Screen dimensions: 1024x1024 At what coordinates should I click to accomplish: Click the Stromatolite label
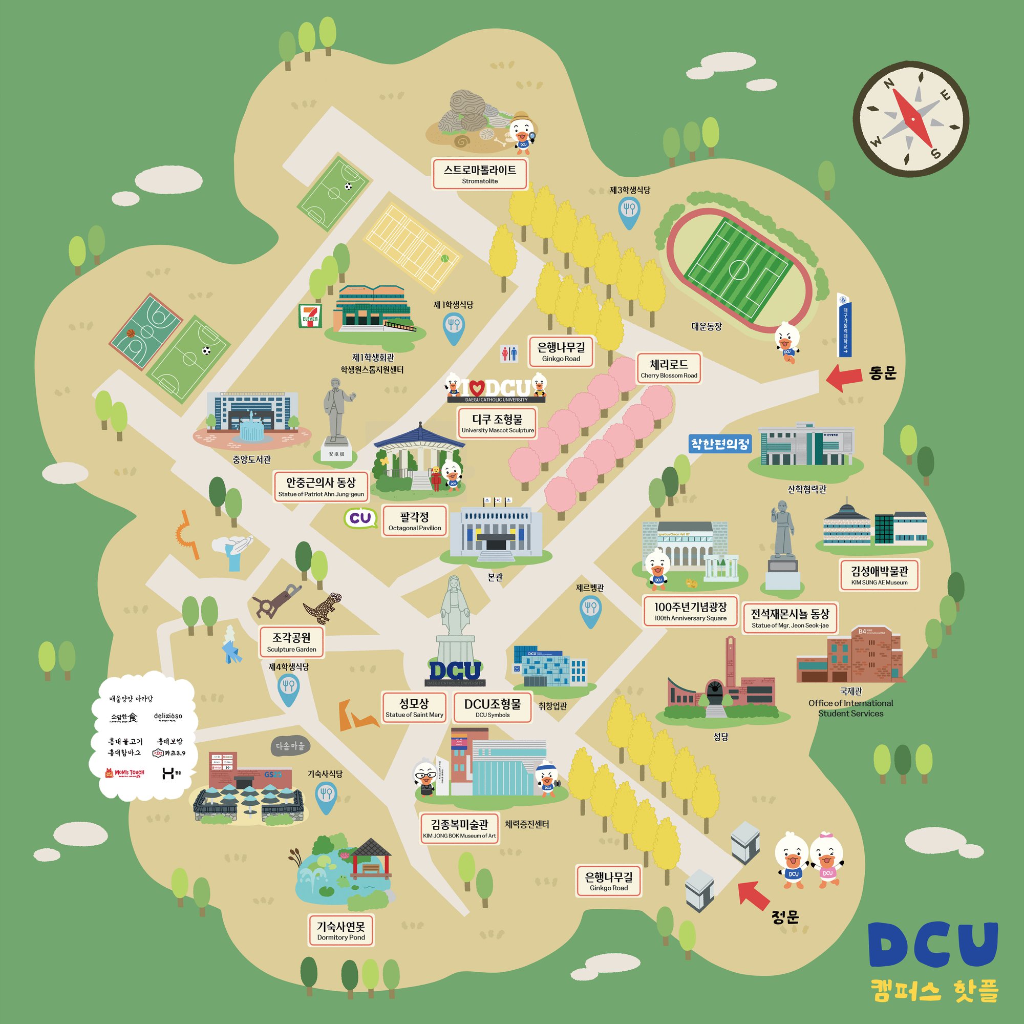click(x=480, y=174)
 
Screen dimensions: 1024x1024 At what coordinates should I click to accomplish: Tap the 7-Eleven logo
click(x=310, y=316)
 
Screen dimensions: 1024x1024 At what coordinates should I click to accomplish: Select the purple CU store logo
click(x=360, y=518)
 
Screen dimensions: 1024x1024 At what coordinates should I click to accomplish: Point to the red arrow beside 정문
click(x=754, y=895)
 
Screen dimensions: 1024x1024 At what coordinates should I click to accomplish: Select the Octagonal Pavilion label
click(x=415, y=521)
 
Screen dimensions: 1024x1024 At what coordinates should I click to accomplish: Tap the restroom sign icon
click(x=509, y=353)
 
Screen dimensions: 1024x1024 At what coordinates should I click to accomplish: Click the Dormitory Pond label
click(x=341, y=930)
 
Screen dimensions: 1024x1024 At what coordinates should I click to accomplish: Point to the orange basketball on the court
click(x=131, y=333)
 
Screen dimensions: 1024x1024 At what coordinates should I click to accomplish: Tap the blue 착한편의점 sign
click(x=720, y=443)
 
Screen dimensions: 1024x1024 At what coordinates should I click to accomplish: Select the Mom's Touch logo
click(x=125, y=772)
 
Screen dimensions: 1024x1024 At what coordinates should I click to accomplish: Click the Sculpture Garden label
click(x=291, y=642)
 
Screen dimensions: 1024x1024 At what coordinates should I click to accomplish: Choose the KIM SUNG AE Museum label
click(x=879, y=575)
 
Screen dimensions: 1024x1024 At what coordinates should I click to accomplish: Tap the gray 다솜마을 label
click(x=290, y=746)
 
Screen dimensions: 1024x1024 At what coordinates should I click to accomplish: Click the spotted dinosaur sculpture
click(x=322, y=608)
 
